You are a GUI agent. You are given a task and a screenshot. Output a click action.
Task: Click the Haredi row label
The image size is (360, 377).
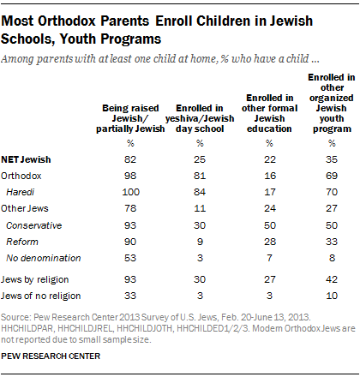point(20,192)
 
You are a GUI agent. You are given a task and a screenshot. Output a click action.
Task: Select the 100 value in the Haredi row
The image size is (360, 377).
point(130,192)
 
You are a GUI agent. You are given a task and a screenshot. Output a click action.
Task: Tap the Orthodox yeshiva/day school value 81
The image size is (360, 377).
point(200,176)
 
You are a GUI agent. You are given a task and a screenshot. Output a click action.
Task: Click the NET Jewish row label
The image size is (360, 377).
point(26,159)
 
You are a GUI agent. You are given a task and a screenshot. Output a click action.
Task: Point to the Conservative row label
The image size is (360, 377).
point(33,225)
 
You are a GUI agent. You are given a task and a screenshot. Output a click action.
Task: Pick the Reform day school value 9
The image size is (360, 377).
point(200,242)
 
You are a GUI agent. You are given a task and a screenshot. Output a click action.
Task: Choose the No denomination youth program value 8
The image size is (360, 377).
point(332,258)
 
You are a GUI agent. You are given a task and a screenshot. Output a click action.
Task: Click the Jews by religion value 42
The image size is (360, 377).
point(332,279)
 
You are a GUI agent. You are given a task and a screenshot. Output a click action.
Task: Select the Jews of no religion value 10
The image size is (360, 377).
point(332,296)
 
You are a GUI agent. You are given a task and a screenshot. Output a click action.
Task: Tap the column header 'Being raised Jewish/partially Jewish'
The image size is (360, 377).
point(130,118)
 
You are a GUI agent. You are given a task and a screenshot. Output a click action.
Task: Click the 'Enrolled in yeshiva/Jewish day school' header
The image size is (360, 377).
point(200,118)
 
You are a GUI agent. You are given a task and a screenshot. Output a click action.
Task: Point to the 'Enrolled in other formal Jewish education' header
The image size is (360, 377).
point(269,113)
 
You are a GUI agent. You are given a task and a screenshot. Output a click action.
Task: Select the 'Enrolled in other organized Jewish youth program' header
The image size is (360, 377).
point(332,103)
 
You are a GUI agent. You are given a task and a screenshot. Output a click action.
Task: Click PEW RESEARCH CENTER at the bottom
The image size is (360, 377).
point(51,356)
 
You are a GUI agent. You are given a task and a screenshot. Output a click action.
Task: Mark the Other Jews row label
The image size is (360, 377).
point(25,208)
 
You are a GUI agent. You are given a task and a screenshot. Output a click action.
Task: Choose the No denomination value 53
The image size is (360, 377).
point(130,258)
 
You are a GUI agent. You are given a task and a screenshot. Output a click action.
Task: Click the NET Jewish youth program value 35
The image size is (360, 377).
point(332,159)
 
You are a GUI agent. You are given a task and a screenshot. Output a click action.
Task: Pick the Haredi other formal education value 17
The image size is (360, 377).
point(270,192)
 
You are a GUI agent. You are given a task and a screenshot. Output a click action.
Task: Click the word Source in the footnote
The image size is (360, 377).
point(15,317)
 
